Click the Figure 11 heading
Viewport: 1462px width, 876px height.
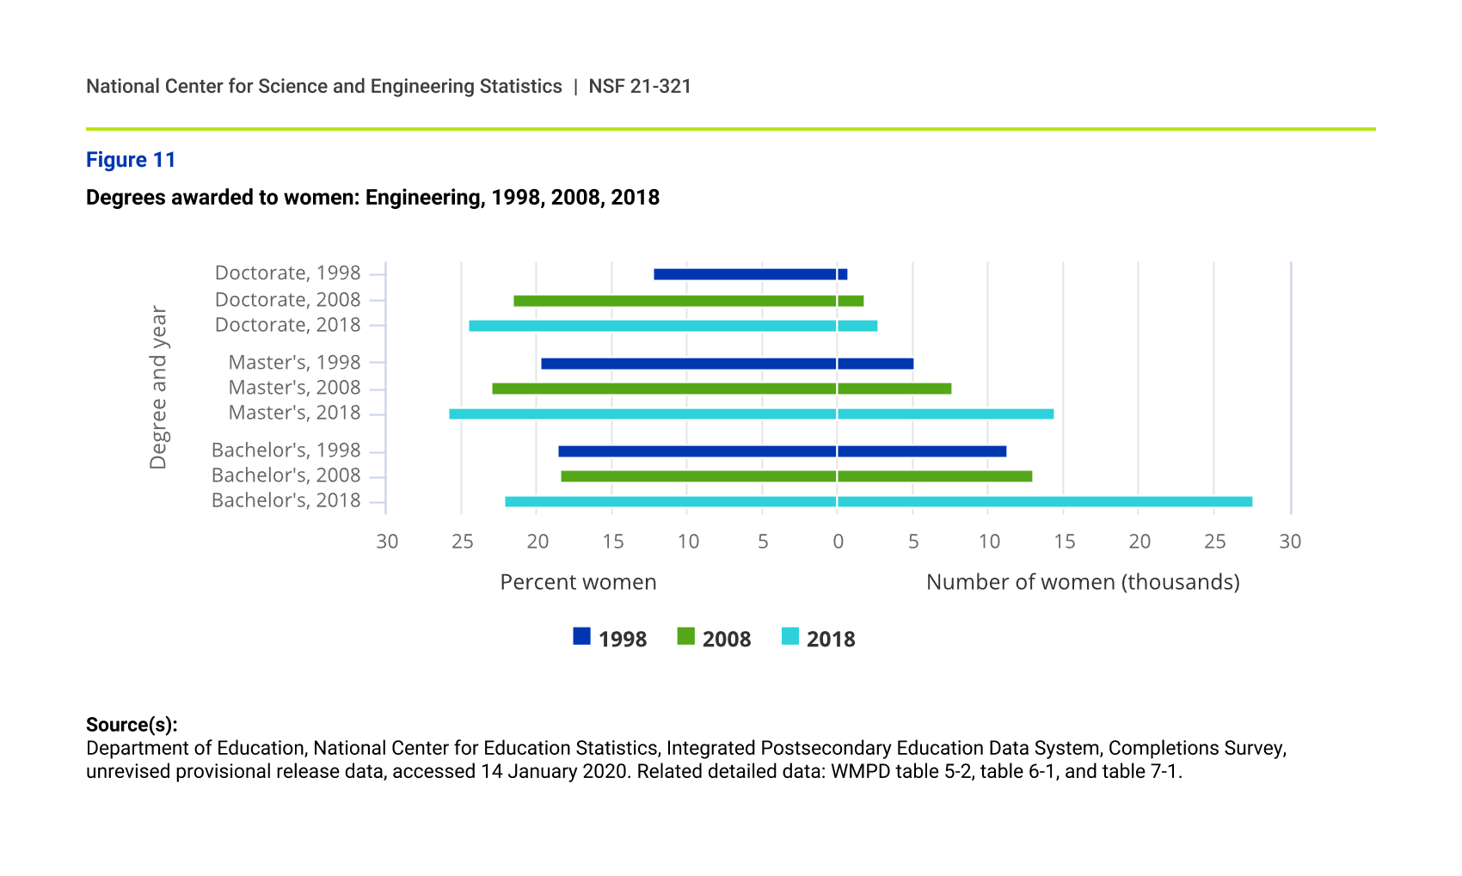(131, 160)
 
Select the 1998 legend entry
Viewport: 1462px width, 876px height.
(610, 638)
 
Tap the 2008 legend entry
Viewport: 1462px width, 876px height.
(714, 638)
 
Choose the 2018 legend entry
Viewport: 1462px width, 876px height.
(818, 638)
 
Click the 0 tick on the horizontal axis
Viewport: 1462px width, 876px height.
(838, 542)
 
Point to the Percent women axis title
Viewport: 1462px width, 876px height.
(578, 582)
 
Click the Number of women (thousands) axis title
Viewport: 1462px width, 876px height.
(1082, 582)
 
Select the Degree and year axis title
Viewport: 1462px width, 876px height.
(158, 387)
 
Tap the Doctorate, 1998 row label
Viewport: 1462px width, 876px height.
(287, 273)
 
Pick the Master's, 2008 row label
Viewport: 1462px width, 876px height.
(294, 388)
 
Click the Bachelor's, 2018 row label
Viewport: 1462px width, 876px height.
(286, 500)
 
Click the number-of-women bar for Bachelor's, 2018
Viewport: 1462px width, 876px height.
(1044, 502)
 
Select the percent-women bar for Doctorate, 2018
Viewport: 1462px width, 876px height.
(653, 326)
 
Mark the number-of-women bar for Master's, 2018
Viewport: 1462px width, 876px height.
(945, 414)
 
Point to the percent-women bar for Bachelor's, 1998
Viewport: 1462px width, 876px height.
(697, 451)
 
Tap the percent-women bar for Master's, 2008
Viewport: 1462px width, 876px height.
(664, 389)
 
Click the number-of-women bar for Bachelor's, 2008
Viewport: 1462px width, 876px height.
(935, 476)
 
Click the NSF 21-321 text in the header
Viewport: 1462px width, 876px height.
(640, 86)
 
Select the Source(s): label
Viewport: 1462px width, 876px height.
(132, 724)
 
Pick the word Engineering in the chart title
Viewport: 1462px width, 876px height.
(425, 198)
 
